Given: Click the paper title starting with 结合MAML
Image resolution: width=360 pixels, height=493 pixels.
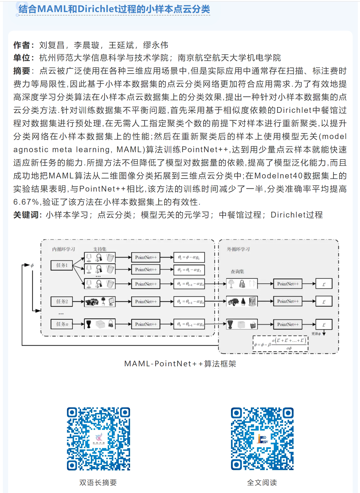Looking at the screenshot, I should (x=114, y=9).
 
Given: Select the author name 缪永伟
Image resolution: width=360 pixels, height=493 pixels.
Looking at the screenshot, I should (x=155, y=45).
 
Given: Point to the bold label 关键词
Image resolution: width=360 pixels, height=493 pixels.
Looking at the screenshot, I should (x=26, y=215).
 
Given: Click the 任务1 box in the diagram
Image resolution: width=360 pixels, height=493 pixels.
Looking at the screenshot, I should (x=62, y=265).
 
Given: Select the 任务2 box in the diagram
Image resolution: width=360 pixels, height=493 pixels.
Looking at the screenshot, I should (x=62, y=301).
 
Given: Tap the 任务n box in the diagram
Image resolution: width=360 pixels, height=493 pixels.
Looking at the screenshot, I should (x=62, y=324).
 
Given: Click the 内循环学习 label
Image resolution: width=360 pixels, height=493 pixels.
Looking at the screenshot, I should (x=63, y=249).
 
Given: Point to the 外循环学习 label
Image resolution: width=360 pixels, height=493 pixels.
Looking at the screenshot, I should (x=238, y=249).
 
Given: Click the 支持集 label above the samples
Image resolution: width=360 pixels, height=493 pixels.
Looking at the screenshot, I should (x=100, y=249).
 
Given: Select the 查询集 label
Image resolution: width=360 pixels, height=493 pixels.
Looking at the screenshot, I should (x=237, y=272).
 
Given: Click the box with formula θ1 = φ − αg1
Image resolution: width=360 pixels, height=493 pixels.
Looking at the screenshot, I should (x=189, y=257).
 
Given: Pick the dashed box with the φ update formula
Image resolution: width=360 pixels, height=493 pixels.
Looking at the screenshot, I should (x=280, y=344).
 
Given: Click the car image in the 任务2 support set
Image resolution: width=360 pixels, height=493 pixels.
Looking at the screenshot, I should (x=92, y=302).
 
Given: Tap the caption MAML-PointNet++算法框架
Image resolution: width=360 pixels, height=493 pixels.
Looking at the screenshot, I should (x=180, y=364).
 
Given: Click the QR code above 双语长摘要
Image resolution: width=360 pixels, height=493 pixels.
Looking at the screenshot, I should (x=98, y=439).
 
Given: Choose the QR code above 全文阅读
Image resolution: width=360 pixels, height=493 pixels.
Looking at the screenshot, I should (x=262, y=439).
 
